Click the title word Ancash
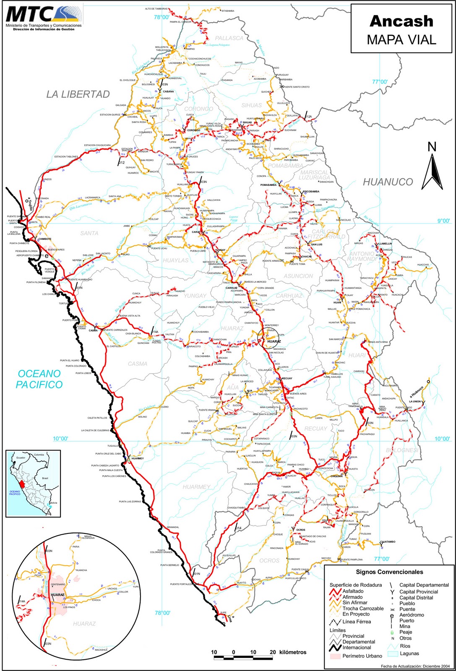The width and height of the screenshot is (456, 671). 401,21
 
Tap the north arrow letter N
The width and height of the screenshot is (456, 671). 432,147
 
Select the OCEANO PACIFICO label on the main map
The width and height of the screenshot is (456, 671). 39,379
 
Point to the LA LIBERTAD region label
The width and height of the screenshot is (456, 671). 78,94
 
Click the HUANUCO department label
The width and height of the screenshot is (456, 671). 388,182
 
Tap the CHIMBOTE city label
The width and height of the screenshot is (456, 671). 44,239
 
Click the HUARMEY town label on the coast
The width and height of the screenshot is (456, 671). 138,458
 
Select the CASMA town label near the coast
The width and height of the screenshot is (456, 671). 93,330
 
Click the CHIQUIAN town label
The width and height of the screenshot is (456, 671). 336,476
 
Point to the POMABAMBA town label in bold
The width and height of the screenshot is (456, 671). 268,185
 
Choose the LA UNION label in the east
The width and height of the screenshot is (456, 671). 414,401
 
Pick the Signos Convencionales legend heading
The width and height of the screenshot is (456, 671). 389,572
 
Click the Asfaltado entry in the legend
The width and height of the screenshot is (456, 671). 353,591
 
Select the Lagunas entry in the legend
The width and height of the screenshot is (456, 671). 409,653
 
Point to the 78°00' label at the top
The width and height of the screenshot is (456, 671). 162,17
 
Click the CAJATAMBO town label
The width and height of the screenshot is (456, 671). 388,542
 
